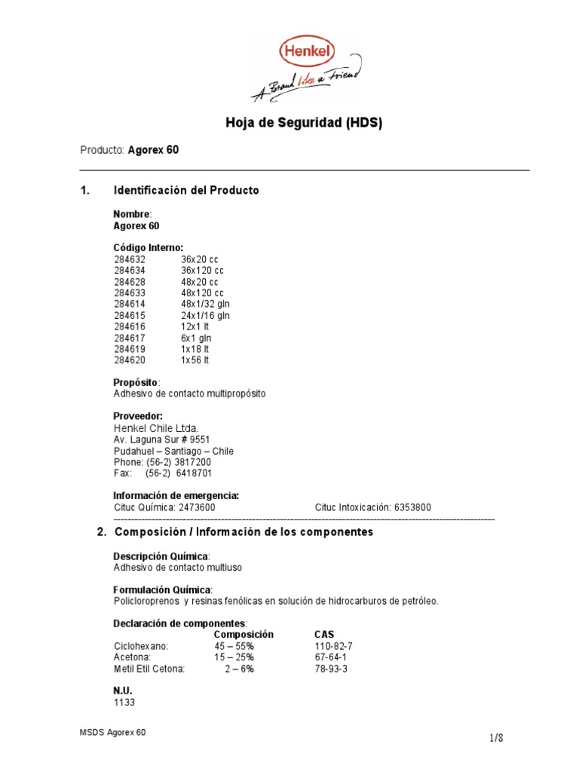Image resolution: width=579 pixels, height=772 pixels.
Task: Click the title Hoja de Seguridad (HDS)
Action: (x=305, y=123)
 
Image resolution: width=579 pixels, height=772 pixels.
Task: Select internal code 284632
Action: (x=129, y=259)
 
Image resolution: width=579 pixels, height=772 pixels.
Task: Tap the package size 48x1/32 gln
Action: (x=205, y=304)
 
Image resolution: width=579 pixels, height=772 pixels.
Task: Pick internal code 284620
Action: (x=129, y=360)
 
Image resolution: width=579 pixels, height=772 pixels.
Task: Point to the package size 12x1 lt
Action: (x=195, y=326)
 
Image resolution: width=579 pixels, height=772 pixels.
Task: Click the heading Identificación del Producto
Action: (x=185, y=191)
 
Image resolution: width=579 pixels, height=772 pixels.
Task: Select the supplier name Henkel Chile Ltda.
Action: (x=157, y=429)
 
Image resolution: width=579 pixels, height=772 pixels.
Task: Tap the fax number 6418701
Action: (x=195, y=473)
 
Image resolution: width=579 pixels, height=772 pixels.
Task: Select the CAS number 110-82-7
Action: (x=333, y=646)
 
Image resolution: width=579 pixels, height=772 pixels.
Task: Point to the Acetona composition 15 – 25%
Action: (x=234, y=657)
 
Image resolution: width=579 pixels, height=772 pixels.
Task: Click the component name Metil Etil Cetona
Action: (x=149, y=669)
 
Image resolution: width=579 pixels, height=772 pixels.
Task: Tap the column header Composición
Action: (x=244, y=635)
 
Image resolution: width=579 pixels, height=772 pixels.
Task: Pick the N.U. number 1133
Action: (x=124, y=703)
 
